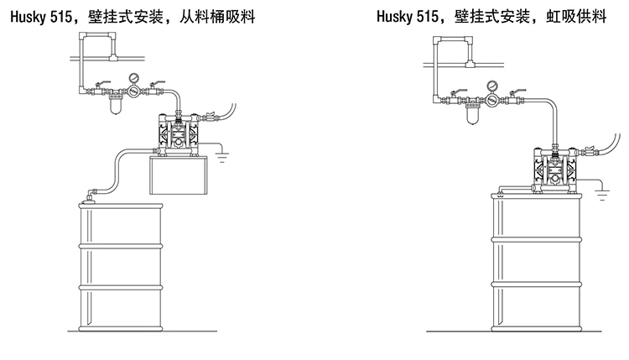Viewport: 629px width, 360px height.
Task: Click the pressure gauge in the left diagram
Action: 132,81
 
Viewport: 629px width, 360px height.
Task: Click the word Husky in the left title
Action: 26,15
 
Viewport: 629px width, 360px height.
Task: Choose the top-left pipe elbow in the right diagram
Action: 437,39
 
